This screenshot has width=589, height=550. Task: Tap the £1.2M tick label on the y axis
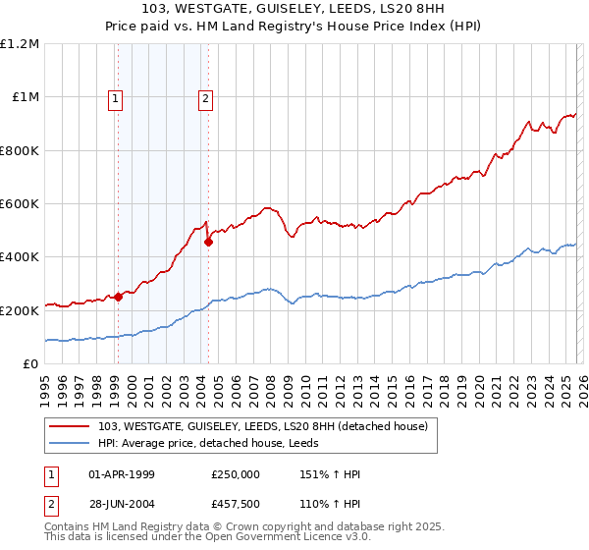(20, 44)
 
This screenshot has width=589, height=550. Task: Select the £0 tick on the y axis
(29, 364)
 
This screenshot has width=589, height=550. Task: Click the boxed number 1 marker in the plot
(117, 97)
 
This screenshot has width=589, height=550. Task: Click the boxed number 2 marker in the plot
(206, 97)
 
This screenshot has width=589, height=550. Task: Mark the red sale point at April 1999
(118, 297)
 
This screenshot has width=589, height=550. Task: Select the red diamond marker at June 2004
(208, 242)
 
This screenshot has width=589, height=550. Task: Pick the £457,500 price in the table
(236, 504)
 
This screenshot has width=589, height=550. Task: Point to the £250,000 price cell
(236, 474)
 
